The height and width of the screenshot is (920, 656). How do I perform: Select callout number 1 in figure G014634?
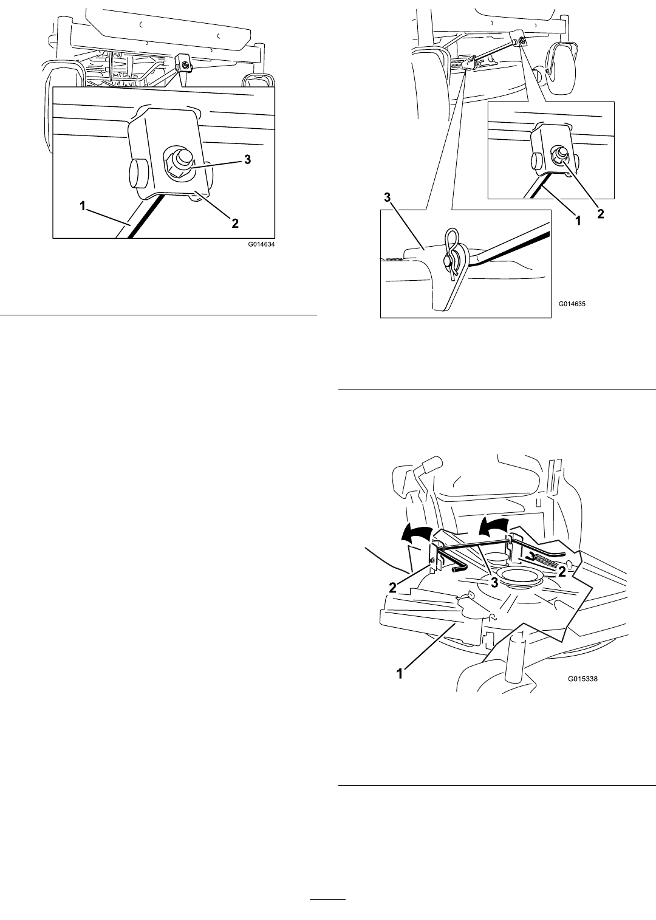pyautogui.click(x=83, y=206)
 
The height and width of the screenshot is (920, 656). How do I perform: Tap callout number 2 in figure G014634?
pyautogui.click(x=235, y=223)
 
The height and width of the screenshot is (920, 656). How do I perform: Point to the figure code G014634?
pyautogui.click(x=261, y=244)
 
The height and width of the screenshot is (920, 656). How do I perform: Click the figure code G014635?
pyautogui.click(x=572, y=304)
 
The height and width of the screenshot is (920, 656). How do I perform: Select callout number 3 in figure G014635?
pyautogui.click(x=387, y=197)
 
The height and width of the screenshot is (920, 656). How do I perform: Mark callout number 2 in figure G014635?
pyautogui.click(x=601, y=214)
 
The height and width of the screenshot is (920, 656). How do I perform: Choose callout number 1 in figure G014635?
pyautogui.click(x=578, y=221)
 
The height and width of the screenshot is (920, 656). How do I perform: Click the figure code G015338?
pyautogui.click(x=583, y=679)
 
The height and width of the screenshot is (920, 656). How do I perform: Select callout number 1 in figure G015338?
pyautogui.click(x=400, y=673)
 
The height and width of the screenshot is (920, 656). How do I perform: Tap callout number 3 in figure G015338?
pyautogui.click(x=496, y=582)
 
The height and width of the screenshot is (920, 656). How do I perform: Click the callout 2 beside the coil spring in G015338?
pyautogui.click(x=562, y=571)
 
